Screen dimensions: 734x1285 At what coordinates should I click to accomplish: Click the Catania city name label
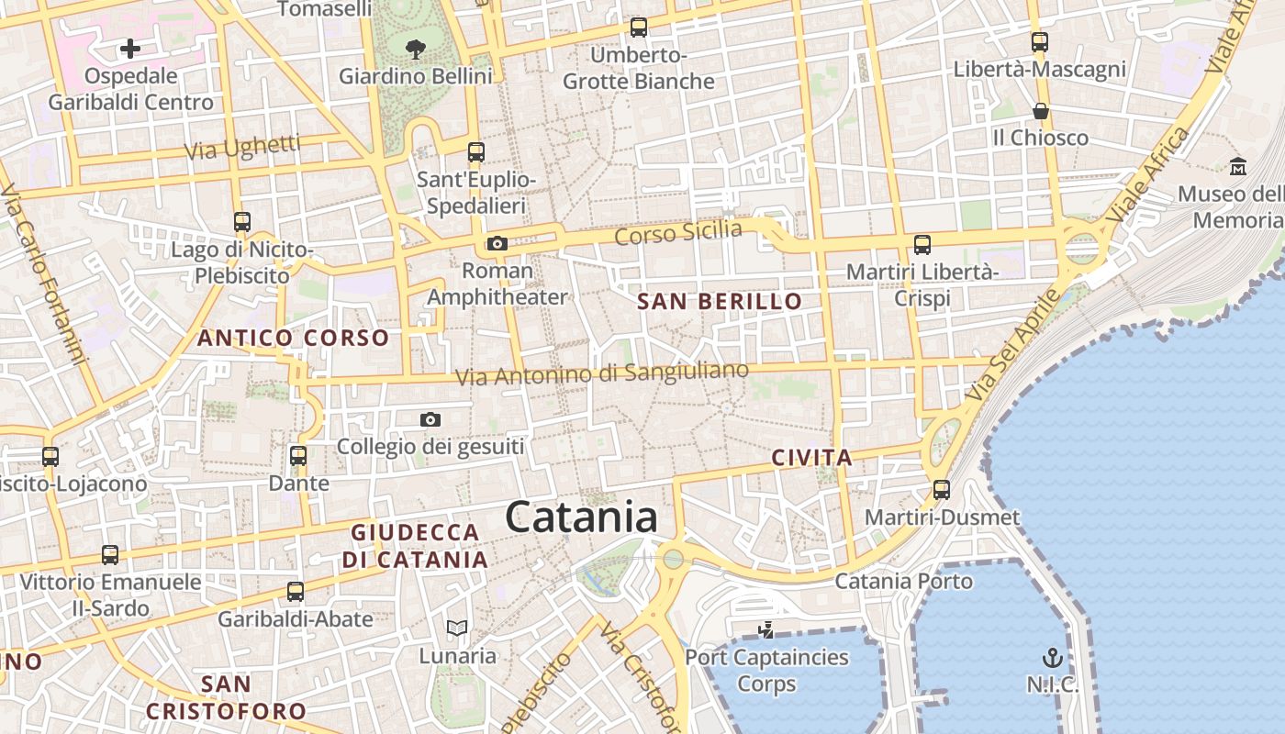(581, 517)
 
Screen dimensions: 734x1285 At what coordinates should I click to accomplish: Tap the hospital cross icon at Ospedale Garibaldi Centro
(130, 49)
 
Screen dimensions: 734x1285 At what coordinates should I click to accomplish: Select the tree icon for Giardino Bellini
(416, 49)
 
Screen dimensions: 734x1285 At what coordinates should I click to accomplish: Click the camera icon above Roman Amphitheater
(497, 243)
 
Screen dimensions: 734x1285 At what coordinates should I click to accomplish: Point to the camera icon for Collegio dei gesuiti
(430, 420)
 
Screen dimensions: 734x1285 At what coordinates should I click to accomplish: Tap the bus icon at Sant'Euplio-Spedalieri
(475, 152)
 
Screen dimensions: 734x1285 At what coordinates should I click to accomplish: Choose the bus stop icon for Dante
(298, 456)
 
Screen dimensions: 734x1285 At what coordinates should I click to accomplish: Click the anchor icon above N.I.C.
(1053, 658)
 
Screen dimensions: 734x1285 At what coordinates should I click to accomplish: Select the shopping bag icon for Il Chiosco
(1041, 111)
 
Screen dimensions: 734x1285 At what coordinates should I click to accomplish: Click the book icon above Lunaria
(457, 628)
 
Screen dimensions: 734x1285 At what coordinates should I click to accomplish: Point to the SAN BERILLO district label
(720, 301)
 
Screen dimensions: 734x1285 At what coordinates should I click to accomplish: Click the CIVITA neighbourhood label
(811, 458)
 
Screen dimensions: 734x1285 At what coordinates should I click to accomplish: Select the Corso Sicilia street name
(678, 233)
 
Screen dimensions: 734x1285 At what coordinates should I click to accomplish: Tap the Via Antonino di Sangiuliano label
(602, 373)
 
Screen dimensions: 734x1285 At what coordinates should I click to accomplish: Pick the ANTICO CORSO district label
(294, 338)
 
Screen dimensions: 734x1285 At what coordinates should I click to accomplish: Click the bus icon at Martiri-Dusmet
(942, 490)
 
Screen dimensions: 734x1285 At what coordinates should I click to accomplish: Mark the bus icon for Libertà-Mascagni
(1039, 42)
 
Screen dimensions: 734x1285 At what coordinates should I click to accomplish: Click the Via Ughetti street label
(242, 147)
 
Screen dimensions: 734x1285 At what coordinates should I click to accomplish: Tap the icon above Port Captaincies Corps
(766, 630)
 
